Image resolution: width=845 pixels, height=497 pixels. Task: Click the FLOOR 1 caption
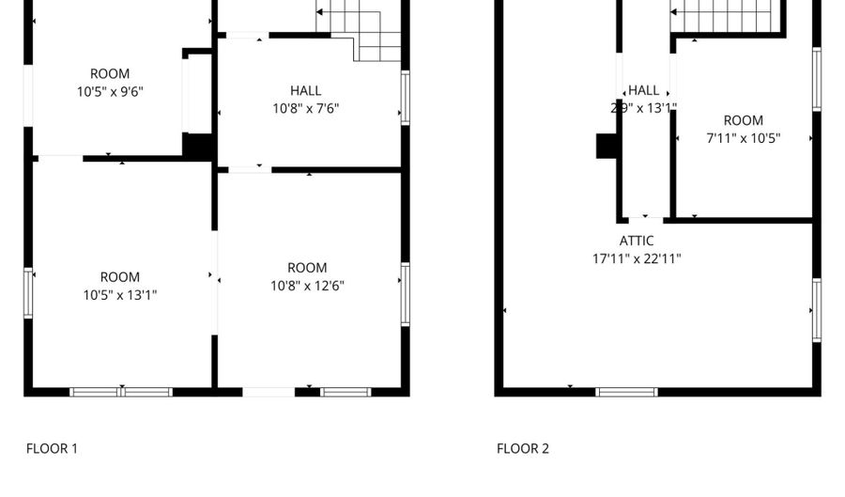(52, 449)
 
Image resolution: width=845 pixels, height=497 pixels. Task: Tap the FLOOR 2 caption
(523, 449)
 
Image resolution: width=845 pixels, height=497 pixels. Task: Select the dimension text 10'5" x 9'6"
(110, 91)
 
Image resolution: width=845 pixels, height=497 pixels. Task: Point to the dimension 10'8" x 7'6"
(305, 108)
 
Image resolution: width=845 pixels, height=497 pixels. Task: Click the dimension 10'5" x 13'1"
(119, 295)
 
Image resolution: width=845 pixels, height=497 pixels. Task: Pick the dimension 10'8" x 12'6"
(307, 286)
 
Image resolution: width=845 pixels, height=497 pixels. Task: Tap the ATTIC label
(636, 241)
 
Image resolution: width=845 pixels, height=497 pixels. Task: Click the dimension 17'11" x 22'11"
(636, 259)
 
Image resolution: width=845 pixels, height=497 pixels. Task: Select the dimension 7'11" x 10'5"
(743, 138)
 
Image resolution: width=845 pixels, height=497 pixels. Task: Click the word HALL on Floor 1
(305, 90)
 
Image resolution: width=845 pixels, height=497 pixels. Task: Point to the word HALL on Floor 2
(643, 90)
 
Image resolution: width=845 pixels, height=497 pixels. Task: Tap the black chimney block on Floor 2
(606, 147)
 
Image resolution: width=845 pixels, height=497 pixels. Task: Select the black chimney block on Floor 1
(198, 147)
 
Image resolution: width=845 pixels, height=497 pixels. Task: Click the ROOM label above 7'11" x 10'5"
(743, 120)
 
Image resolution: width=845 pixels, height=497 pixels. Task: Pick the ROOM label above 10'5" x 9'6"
(110, 73)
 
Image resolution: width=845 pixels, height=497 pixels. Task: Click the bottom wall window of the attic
(626, 391)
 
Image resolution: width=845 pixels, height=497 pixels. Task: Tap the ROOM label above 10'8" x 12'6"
(307, 268)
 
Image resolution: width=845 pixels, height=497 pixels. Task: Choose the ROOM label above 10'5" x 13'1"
(119, 277)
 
